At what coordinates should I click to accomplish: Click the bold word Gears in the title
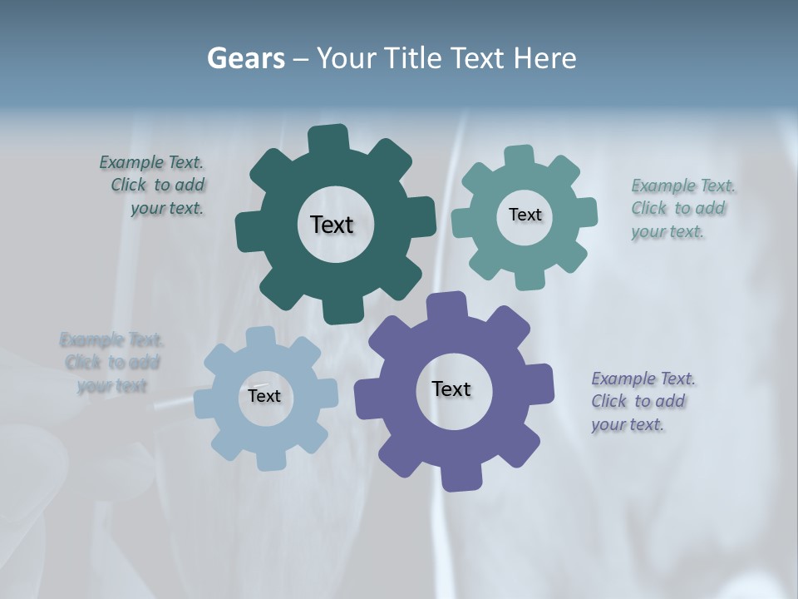point(245,58)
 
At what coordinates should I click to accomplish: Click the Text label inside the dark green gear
point(332,225)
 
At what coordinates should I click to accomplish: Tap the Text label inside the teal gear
point(525,215)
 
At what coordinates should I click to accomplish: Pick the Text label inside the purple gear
point(451,389)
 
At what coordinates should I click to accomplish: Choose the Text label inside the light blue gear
point(264,396)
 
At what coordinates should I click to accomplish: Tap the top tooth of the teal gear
point(519,156)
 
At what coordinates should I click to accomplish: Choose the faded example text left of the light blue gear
point(111,363)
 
